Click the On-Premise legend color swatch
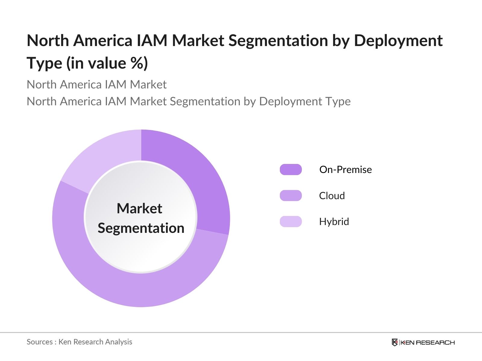291,169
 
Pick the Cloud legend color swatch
291,196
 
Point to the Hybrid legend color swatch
291,221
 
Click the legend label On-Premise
346,169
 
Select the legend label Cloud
332,196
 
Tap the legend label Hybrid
334,221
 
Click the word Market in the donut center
139,208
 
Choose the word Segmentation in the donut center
141,228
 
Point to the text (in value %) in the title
107,63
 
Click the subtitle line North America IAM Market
96,85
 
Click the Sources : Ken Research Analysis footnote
79,342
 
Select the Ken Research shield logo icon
395,342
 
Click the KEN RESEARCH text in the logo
427,342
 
